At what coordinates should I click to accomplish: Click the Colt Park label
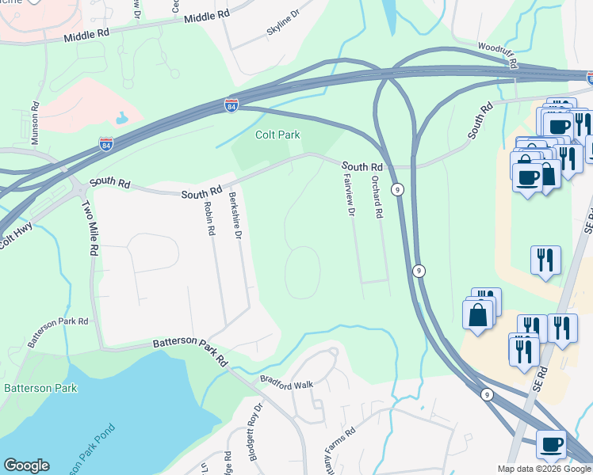(x=277, y=135)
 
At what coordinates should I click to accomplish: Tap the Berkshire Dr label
(x=234, y=214)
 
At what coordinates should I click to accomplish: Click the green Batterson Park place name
(x=40, y=388)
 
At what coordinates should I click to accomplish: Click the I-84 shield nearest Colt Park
(x=231, y=105)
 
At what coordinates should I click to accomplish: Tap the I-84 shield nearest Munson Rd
(x=106, y=144)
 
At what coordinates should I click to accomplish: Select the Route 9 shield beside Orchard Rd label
(x=398, y=189)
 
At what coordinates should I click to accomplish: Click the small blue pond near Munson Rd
(x=121, y=119)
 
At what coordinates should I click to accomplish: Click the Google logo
(x=26, y=465)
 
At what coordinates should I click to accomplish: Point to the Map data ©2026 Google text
(x=545, y=469)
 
